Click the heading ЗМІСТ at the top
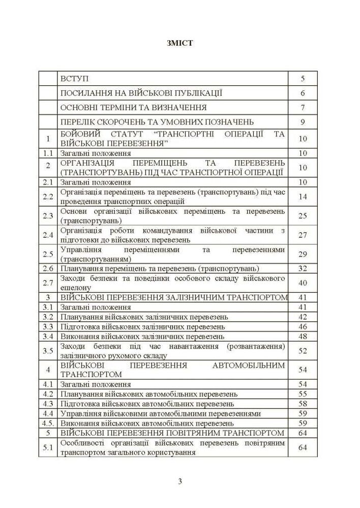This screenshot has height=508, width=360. click(x=179, y=43)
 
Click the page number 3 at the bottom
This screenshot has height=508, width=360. click(x=179, y=482)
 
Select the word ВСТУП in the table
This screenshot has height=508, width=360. click(x=74, y=79)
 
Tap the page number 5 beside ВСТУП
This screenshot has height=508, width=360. click(x=303, y=79)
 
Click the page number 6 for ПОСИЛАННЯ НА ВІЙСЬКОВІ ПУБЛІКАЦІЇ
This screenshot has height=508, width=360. click(x=303, y=93)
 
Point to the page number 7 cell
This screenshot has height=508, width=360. click(x=303, y=108)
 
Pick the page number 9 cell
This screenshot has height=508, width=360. click(x=303, y=122)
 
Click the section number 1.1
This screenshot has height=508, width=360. click(x=48, y=153)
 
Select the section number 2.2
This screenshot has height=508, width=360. click(x=48, y=197)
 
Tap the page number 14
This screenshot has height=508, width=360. click(x=303, y=197)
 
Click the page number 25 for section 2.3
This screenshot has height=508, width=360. click(x=303, y=216)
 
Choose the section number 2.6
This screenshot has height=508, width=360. click(x=48, y=268)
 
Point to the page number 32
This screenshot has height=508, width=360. click(x=303, y=268)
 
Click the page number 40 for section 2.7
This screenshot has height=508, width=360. click(x=303, y=283)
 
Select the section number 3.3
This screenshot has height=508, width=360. click(x=48, y=327)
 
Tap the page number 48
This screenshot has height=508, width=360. click(x=303, y=336)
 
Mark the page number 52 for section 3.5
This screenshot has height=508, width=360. click(x=303, y=351)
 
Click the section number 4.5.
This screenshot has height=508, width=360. click(x=48, y=423)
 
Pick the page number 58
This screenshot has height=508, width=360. click(x=303, y=403)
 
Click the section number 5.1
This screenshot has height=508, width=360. click(x=48, y=447)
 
